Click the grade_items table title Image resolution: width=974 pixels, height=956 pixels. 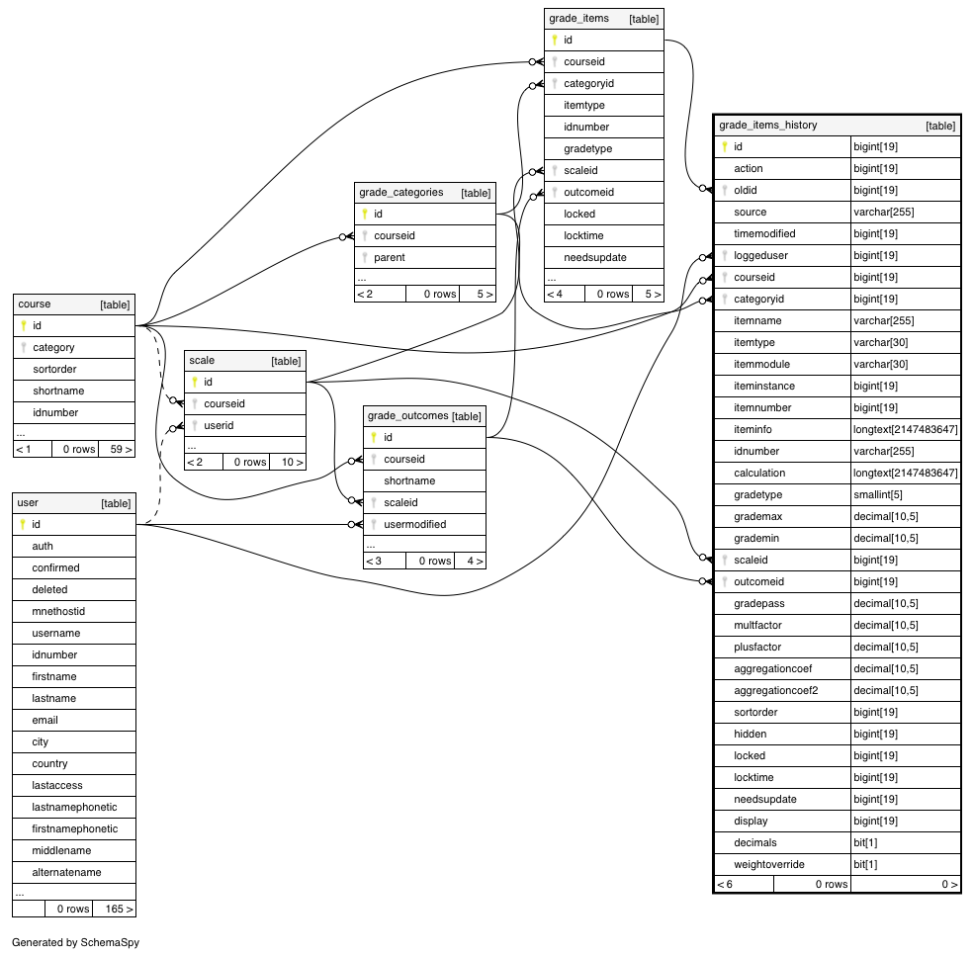(580, 18)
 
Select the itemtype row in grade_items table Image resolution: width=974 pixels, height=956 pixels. (584, 105)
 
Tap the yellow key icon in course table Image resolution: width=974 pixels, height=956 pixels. (23, 325)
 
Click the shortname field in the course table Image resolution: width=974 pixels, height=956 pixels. (56, 391)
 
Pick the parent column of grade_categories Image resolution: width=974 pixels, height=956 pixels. (389, 257)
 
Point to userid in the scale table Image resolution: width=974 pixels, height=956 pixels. (219, 425)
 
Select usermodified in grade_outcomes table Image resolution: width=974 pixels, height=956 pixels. (414, 524)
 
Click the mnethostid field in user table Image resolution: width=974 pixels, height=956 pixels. (58, 611)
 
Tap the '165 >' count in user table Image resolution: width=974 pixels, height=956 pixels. (116, 909)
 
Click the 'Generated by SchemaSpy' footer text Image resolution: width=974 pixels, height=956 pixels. (76, 942)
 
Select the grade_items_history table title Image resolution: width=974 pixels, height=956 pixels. (767, 126)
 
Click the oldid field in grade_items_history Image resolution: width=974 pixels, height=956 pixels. (748, 190)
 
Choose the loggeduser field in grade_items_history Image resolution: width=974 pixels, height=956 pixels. (760, 255)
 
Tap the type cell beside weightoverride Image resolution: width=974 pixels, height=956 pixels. (865, 864)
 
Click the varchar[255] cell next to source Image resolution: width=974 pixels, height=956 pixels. (883, 212)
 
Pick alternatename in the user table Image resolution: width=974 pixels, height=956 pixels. (66, 872)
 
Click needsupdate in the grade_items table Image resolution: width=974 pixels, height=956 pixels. (594, 257)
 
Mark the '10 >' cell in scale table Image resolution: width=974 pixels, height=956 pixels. (288, 462)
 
